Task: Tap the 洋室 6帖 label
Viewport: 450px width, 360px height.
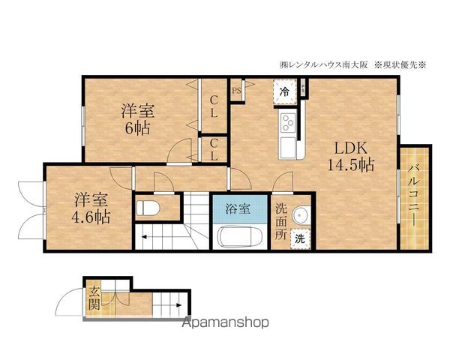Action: (138, 119)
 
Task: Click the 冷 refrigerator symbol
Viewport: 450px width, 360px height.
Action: (284, 91)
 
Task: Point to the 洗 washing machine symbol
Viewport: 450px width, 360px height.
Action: (299, 239)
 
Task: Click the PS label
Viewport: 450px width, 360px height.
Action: (236, 91)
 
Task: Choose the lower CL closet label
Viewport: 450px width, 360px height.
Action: (214, 150)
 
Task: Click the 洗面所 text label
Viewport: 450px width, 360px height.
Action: (280, 220)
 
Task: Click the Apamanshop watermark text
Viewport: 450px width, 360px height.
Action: (226, 323)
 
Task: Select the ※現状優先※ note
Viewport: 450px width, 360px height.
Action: (400, 64)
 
